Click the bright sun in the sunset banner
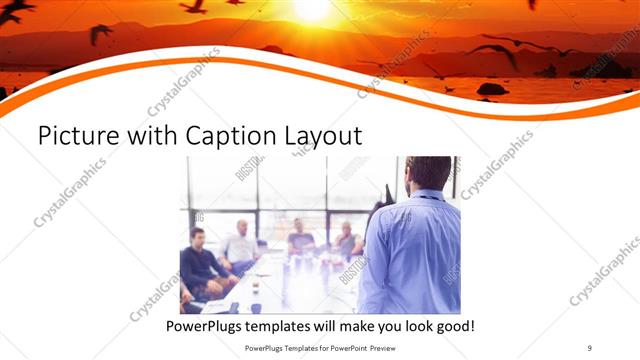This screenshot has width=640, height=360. coord(312,8)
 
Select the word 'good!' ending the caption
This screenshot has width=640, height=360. coord(451,326)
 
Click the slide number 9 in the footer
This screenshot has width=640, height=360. coord(590,349)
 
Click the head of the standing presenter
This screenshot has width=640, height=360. coord(429,172)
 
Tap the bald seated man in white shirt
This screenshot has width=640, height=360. coord(241,246)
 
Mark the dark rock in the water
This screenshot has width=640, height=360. coord(491,89)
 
